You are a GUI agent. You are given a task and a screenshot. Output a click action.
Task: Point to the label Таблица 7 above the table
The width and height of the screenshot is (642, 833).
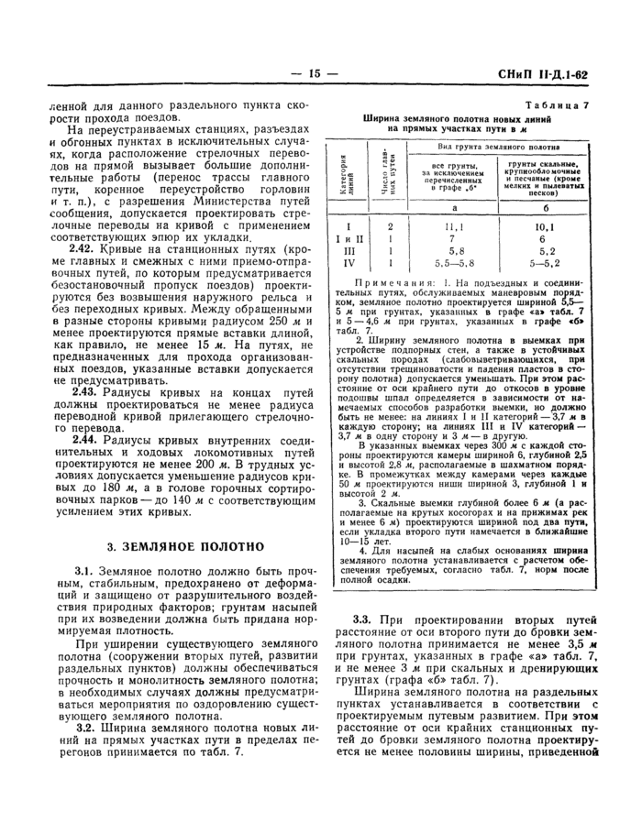pos(558,105)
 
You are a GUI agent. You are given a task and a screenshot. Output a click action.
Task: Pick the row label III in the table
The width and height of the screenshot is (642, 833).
pos(347,249)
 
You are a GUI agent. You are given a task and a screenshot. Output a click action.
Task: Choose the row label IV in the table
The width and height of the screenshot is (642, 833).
pos(347,261)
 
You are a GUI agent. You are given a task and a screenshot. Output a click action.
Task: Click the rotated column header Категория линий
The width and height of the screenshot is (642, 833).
pos(346,178)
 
